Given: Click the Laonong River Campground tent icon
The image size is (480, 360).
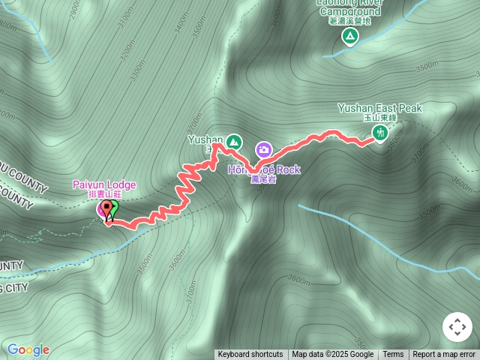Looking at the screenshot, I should (x=349, y=35).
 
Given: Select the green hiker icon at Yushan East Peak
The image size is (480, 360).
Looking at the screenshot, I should (x=380, y=133).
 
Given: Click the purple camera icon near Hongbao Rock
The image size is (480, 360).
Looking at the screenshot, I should (x=263, y=150).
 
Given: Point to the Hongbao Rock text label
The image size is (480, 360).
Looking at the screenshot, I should (x=264, y=169).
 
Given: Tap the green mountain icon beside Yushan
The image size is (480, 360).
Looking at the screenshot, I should (x=234, y=140).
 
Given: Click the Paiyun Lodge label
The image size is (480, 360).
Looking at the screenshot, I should (x=104, y=184).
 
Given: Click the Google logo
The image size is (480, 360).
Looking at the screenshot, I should (x=28, y=349).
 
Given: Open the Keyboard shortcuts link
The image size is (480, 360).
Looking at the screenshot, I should (x=250, y=355).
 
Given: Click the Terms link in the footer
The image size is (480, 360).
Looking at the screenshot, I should (x=393, y=355).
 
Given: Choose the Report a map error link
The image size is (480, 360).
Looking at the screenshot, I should (x=444, y=355).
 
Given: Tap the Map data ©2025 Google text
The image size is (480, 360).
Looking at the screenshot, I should (x=332, y=355).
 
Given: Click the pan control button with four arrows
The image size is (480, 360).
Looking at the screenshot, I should (x=457, y=327).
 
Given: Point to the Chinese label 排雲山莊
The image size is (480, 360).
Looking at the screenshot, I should (x=102, y=194).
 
